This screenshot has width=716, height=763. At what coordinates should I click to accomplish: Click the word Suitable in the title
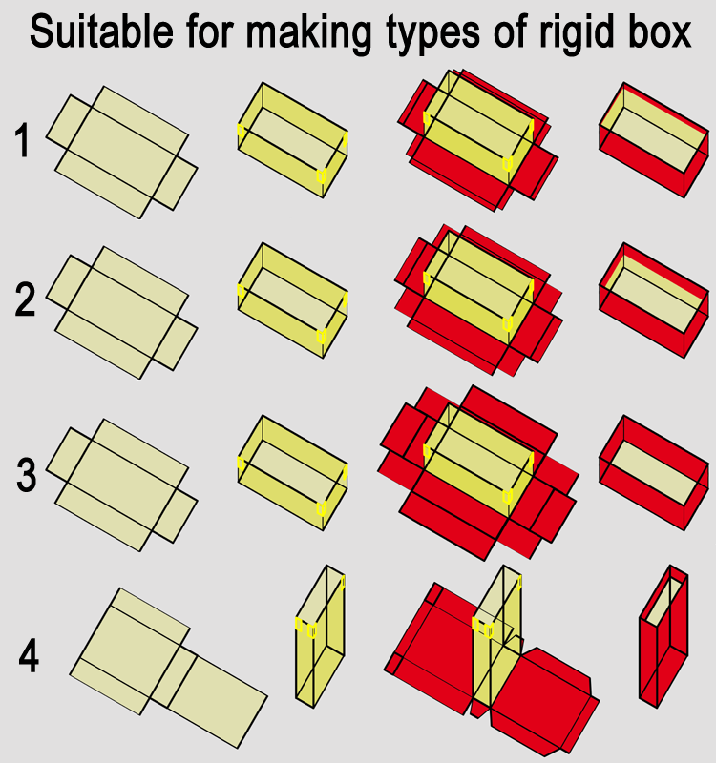coord(101,31)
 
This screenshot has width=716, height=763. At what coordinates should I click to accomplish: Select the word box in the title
coord(660,31)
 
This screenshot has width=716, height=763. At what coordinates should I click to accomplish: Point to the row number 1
coord(23,140)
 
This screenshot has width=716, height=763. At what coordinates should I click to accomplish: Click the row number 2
coord(25,300)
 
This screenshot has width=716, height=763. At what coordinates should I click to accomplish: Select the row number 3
coord(27,475)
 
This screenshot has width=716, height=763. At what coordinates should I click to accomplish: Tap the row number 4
coord(29,656)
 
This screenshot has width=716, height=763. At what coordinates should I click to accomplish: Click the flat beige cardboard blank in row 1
coord(122,153)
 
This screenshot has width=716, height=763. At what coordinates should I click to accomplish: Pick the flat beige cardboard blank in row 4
coord(169,668)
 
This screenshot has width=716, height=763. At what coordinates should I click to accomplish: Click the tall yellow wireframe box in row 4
coord(321,636)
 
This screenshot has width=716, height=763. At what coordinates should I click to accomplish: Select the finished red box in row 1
coord(654,140)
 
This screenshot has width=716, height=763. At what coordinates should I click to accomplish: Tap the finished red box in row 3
coord(654,473)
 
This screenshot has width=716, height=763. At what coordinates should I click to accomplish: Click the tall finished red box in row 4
coord(663,636)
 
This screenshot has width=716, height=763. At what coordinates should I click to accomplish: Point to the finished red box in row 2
coord(654,300)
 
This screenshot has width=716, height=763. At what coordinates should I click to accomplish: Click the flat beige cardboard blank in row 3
coord(122,485)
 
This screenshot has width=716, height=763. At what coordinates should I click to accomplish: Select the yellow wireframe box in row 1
coord(293,140)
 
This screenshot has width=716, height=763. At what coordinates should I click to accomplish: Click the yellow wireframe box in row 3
coord(293,473)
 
